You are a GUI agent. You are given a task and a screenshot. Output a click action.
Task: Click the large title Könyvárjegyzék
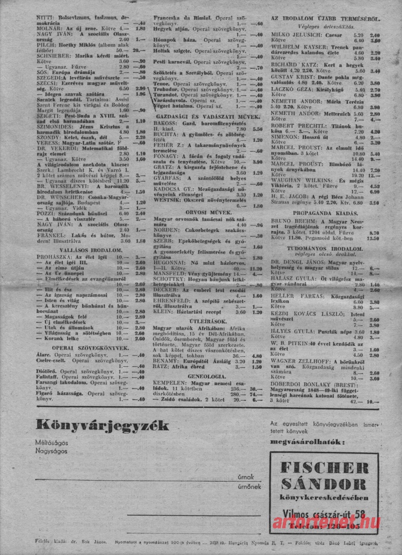click(x=102, y=426)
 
